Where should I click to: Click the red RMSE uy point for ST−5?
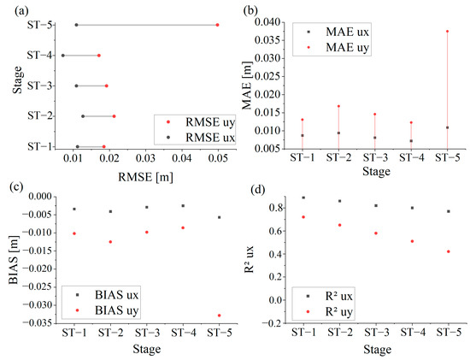coord(217,25)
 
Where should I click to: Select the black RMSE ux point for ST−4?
coord(63,56)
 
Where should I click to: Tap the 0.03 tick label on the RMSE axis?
coord(145,158)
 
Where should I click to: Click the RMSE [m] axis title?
coord(145,177)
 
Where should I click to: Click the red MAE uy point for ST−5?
coord(447,31)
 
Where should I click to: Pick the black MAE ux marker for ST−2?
coord(338,133)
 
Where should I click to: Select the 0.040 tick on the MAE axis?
coord(270,22)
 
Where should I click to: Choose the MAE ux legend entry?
coord(338,32)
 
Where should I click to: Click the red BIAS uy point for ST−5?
coord(219,316)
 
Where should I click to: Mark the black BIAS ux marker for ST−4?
coord(183,206)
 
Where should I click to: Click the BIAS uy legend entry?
coord(108,310)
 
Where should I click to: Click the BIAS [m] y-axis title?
coord(14,260)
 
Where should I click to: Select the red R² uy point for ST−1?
coord(303,217)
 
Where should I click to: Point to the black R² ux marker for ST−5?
coord(449,211)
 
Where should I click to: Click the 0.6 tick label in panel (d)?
coord(277,231)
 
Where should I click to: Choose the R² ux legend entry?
coord(330,297)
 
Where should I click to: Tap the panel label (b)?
coord(250,11)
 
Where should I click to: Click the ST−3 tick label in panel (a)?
coord(40,86)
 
